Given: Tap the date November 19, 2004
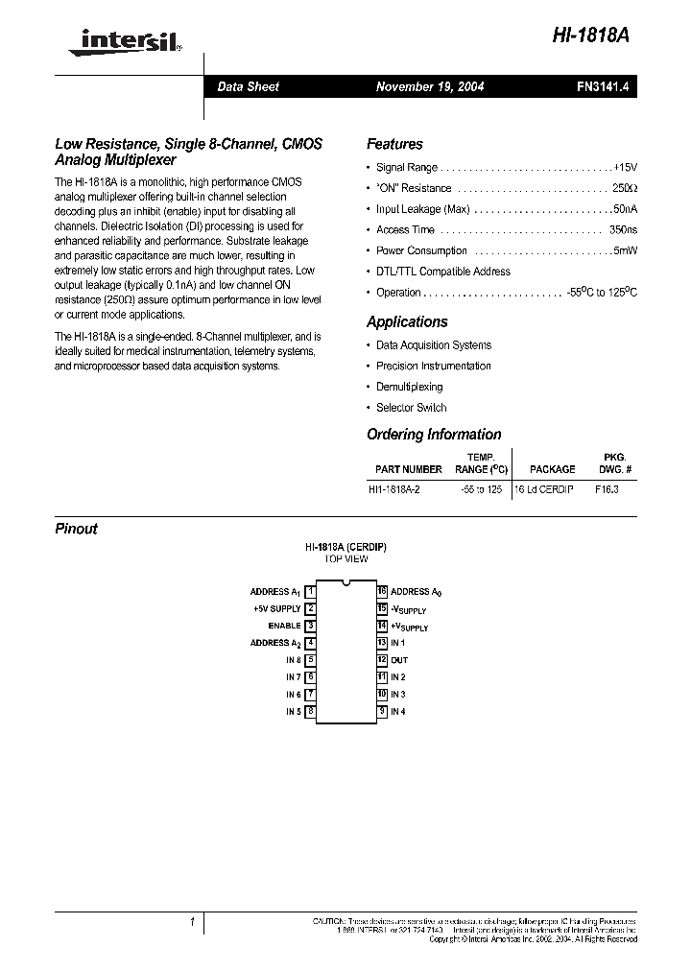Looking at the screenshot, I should click(429, 86).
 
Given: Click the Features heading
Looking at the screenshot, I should click(394, 145).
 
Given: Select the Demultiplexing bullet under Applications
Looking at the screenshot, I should click(409, 387).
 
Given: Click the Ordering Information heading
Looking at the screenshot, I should click(434, 435).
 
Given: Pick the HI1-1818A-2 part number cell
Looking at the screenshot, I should click(400, 489).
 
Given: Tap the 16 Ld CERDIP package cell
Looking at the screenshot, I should click(545, 489).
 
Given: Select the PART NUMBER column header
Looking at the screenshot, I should click(409, 469).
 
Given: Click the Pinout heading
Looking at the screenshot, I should click(76, 529).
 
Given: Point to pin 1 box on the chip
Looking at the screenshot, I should click(311, 592).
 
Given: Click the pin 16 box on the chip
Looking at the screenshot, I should click(381, 592).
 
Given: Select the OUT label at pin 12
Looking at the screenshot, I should click(399, 660).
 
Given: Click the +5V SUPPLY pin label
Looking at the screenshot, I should click(277, 608).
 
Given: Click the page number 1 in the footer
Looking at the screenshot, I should click(192, 922).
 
